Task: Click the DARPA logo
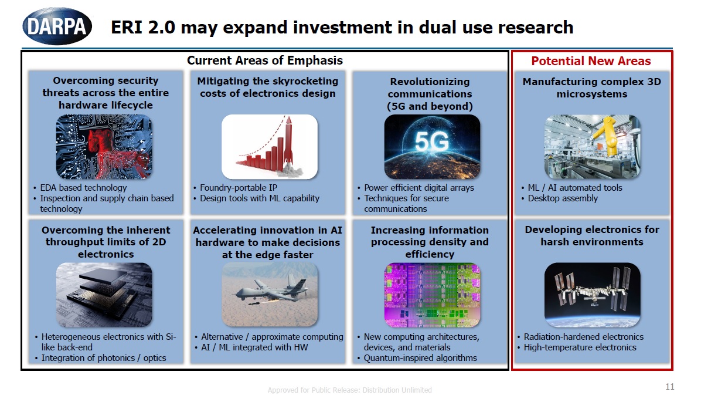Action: coord(57,26)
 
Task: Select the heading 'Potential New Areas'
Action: coord(591,61)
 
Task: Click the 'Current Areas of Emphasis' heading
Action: coord(264,60)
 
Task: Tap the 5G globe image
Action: coord(431,146)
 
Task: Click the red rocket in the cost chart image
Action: coord(288,144)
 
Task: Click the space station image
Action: coord(592,294)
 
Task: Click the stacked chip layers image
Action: coord(103,294)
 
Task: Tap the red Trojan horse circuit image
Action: coord(103,146)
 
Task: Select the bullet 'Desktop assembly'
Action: coord(563,198)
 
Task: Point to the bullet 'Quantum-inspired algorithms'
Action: coord(420,358)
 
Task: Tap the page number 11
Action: coord(670,387)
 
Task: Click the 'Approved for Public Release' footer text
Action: coord(349,390)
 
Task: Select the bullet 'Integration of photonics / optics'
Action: coord(104,358)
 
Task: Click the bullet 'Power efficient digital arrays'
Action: coord(418,188)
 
